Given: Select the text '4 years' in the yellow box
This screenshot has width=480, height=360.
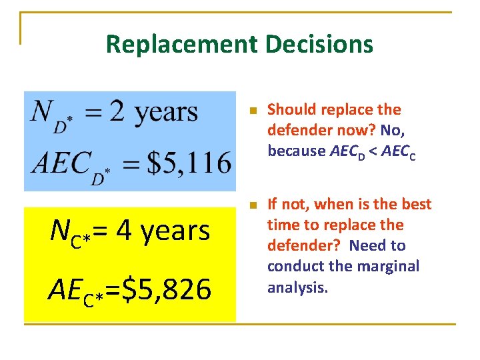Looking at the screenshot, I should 163,231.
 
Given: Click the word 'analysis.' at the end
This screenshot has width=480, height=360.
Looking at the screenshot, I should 297,287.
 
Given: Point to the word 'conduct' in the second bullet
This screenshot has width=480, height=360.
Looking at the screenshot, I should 294,266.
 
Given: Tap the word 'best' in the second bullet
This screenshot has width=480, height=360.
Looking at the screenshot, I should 417,204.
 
